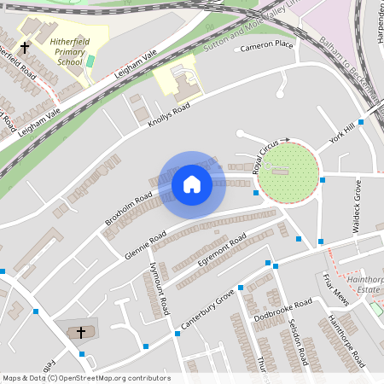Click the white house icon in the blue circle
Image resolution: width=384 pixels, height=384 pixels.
tap(192, 184)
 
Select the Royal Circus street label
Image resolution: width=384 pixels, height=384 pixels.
tap(265, 159)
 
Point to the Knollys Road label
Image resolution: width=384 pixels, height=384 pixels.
tap(169, 113)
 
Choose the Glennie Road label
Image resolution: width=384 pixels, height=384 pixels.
tap(145, 241)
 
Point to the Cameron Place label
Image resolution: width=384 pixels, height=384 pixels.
tap(266, 45)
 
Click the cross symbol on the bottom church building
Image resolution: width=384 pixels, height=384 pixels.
tap(81, 331)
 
